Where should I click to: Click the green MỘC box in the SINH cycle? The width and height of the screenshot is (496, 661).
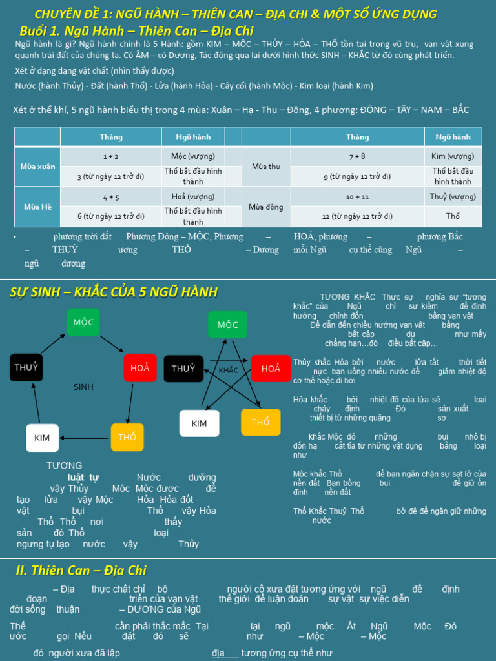83,322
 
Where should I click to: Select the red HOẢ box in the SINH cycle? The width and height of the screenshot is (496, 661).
139,367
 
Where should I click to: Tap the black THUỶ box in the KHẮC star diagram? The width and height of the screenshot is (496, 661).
183,369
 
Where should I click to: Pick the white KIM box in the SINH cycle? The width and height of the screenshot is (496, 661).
42,438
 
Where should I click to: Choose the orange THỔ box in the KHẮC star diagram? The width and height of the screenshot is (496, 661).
260,422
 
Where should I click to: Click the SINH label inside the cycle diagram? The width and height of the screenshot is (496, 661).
83,387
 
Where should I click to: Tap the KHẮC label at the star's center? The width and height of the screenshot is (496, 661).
229,371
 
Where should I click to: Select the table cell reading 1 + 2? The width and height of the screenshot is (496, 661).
110,156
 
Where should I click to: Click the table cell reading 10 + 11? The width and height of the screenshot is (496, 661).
357,196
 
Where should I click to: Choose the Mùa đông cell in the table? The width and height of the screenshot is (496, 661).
265,207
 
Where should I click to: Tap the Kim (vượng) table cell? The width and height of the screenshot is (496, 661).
453,156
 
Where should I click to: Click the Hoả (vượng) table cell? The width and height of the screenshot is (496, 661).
192,196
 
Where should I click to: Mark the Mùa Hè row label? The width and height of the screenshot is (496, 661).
37,207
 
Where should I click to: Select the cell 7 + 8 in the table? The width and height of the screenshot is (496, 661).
357,156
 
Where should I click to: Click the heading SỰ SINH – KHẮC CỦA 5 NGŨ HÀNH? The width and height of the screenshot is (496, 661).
113,292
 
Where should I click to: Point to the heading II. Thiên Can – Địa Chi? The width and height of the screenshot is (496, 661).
81,570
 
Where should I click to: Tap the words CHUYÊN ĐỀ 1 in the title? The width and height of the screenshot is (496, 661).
72,14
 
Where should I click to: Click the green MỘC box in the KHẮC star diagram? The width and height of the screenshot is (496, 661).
227,325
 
